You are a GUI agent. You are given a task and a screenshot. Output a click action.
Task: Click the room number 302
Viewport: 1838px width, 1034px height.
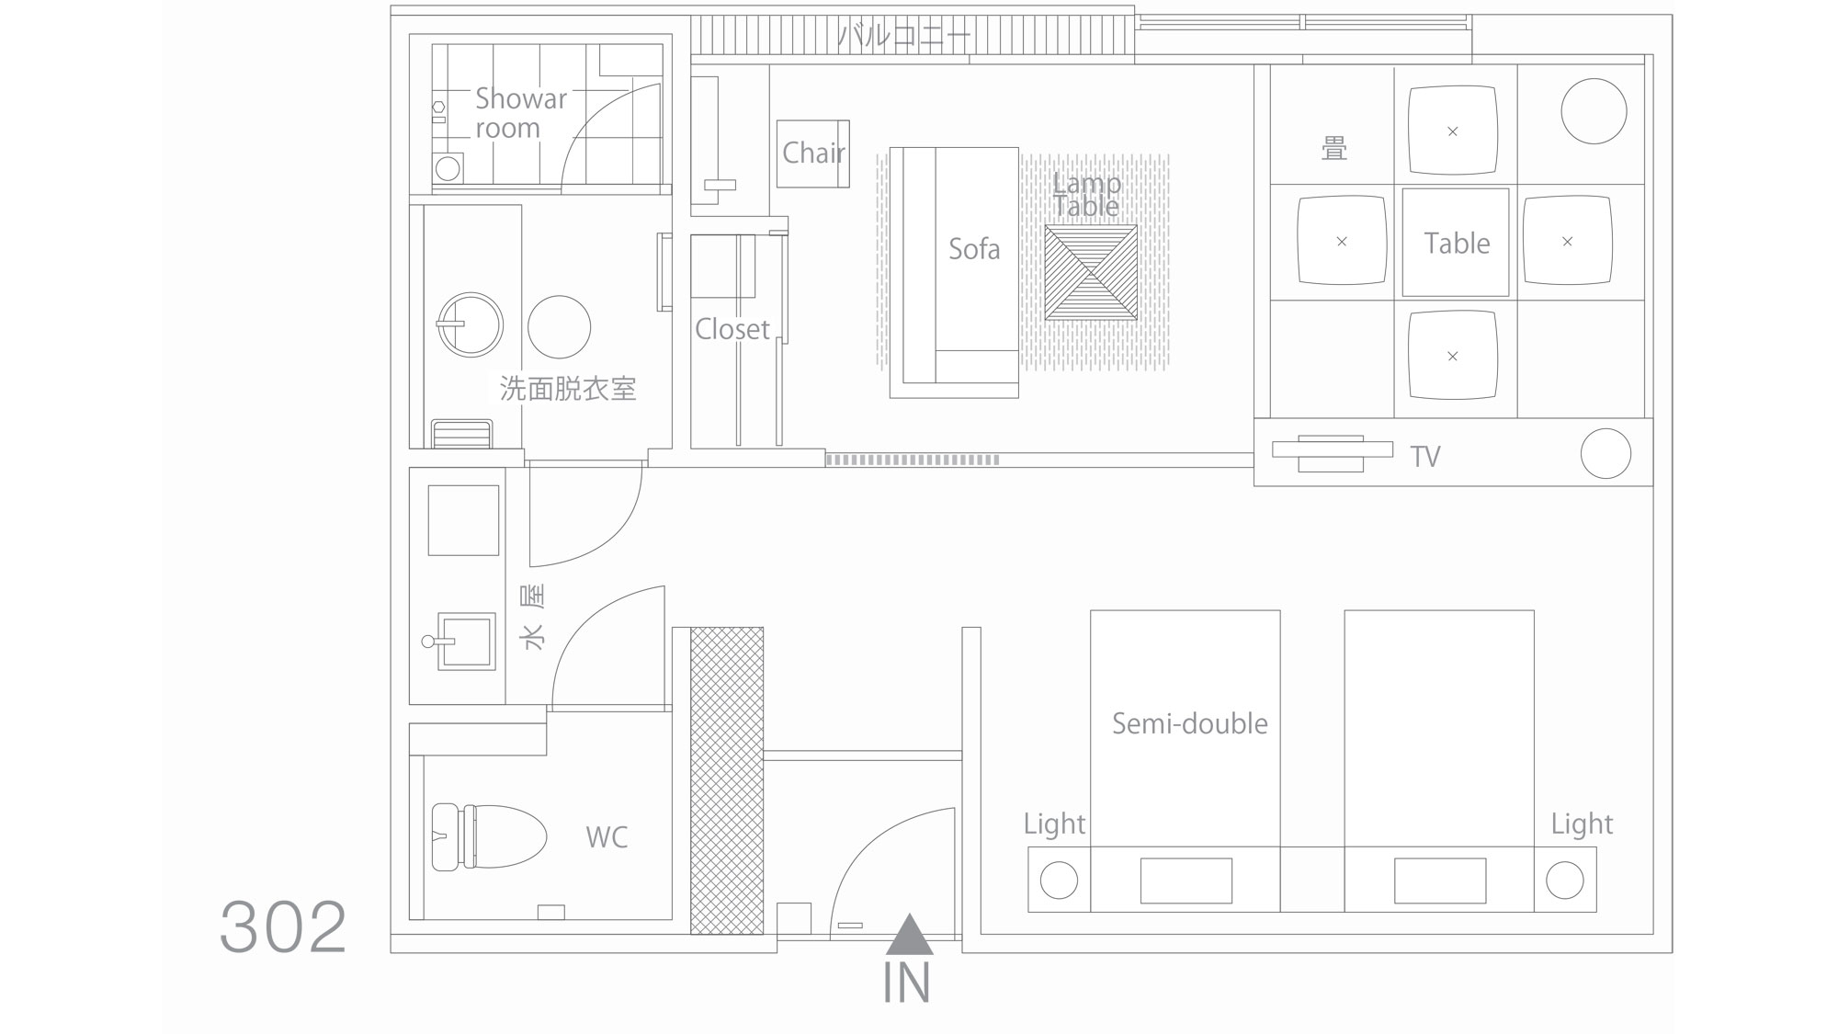pyautogui.click(x=283, y=927)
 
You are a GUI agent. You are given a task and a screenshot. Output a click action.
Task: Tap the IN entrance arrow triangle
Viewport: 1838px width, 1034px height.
pyautogui.click(x=909, y=935)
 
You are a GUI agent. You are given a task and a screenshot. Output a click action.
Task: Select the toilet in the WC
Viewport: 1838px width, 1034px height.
pyautogui.click(x=488, y=837)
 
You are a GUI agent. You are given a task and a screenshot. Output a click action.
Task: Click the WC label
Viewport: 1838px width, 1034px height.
pyautogui.click(x=607, y=837)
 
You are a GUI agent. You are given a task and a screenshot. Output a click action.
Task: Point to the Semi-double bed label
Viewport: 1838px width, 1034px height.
pyautogui.click(x=1189, y=723)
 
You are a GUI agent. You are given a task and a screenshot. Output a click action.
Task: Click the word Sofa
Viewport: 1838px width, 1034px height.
pyautogui.click(x=974, y=248)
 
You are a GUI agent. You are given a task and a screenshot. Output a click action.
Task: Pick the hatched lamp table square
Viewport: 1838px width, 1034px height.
pyautogui.click(x=1091, y=273)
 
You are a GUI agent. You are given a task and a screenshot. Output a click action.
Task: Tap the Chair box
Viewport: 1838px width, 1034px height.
pyautogui.click(x=812, y=153)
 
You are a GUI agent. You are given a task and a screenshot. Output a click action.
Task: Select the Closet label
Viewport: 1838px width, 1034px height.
pyautogui.click(x=732, y=329)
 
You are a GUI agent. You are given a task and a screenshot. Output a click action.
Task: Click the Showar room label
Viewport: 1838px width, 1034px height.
pyautogui.click(x=521, y=113)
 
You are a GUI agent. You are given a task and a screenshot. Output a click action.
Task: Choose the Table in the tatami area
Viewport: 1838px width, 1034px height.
pyautogui.click(x=1456, y=243)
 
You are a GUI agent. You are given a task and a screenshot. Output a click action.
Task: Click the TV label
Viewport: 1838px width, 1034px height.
pyautogui.click(x=1425, y=457)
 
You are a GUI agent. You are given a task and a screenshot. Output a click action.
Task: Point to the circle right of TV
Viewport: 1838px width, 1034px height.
pyautogui.click(x=1605, y=453)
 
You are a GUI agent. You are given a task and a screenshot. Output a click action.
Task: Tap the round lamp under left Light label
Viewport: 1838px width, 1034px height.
pyautogui.click(x=1059, y=881)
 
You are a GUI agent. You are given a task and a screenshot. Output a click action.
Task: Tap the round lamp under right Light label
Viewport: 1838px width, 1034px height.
pyautogui.click(x=1565, y=881)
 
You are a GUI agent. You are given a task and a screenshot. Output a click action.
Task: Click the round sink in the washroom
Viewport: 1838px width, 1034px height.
pyautogui.click(x=470, y=324)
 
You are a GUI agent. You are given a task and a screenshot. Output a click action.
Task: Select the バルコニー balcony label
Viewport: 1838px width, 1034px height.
pyautogui.click(x=903, y=37)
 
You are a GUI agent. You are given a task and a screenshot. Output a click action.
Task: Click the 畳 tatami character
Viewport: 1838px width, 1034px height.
pyautogui.click(x=1334, y=148)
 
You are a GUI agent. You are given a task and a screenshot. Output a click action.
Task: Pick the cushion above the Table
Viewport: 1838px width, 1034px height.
pyautogui.click(x=1453, y=131)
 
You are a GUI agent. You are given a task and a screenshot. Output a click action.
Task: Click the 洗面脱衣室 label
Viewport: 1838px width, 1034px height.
pyautogui.click(x=568, y=389)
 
